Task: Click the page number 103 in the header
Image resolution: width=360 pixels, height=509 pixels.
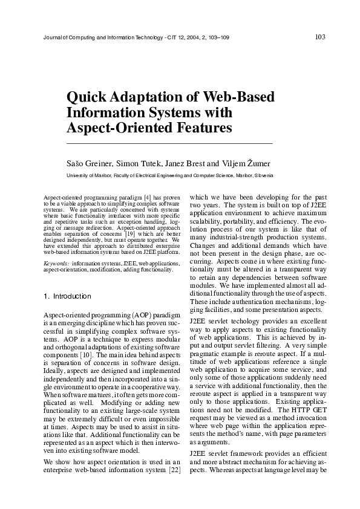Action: click(x=320, y=37)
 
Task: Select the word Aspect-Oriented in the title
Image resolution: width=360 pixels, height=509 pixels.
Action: click(x=117, y=128)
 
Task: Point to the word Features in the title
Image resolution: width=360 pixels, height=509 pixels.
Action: click(x=202, y=128)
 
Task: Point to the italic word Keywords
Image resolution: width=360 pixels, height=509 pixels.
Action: click(x=56, y=264)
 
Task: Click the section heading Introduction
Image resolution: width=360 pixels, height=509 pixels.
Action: click(x=71, y=297)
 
